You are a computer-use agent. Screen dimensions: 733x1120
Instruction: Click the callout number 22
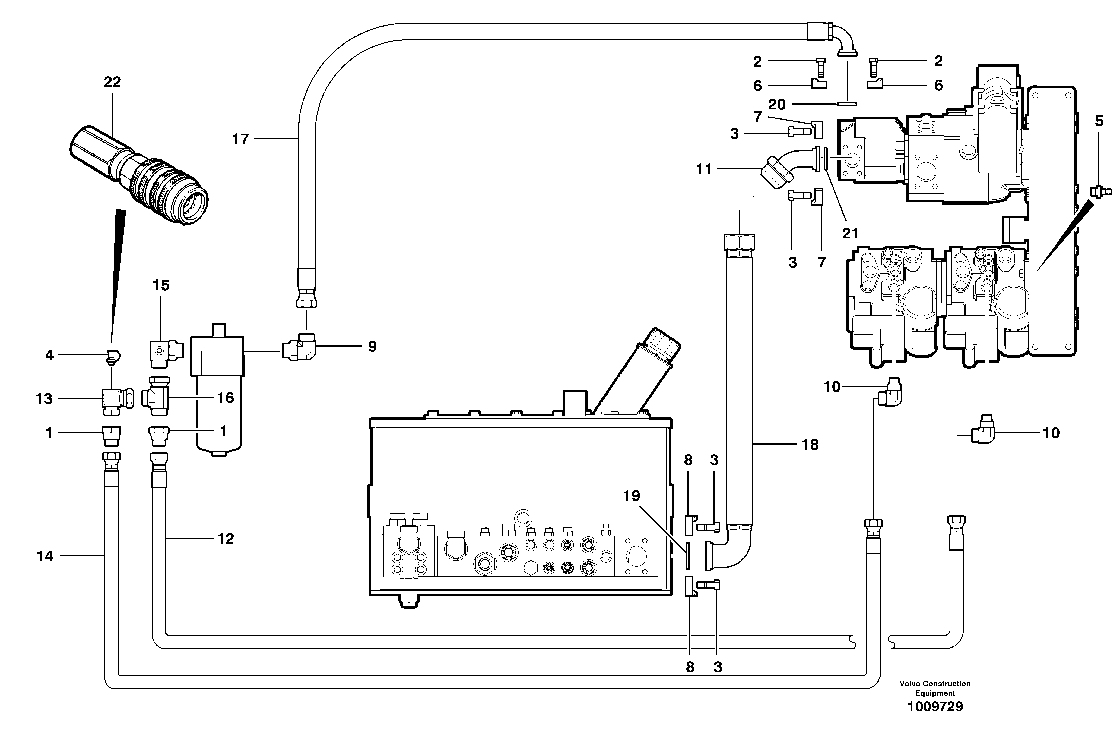112,82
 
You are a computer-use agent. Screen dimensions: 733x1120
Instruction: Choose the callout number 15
161,285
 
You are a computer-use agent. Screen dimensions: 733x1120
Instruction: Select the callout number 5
1099,121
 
